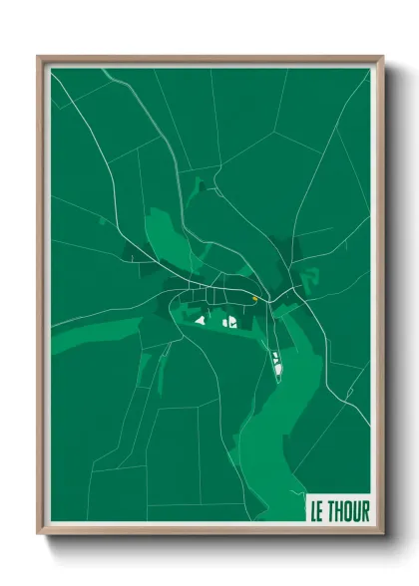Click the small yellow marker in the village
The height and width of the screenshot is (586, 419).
(255, 298)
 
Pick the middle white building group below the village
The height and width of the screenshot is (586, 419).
(228, 321)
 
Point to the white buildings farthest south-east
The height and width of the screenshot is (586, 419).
(276, 363)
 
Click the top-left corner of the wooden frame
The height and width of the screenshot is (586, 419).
(38, 57)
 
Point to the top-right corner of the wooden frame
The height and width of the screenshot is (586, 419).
(382, 57)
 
